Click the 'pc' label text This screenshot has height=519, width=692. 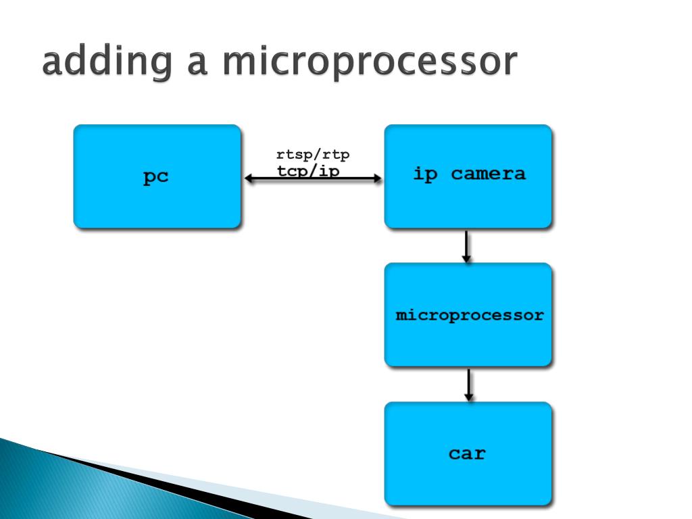click(x=156, y=177)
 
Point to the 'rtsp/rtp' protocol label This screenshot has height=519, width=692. click(x=313, y=155)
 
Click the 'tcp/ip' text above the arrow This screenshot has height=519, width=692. click(x=308, y=170)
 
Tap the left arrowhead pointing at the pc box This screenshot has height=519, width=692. click(x=248, y=179)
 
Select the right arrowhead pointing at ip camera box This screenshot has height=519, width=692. click(x=377, y=179)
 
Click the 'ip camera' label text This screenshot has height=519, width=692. click(x=468, y=174)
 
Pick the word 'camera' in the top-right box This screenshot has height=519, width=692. click(x=488, y=174)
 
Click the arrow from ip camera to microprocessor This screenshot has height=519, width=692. click(x=466, y=246)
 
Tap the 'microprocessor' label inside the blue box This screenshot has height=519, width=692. click(x=469, y=315)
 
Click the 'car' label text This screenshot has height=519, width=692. click(x=467, y=453)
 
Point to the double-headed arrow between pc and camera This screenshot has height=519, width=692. click(x=313, y=179)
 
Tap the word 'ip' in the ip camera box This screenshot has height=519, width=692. click(x=425, y=174)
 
